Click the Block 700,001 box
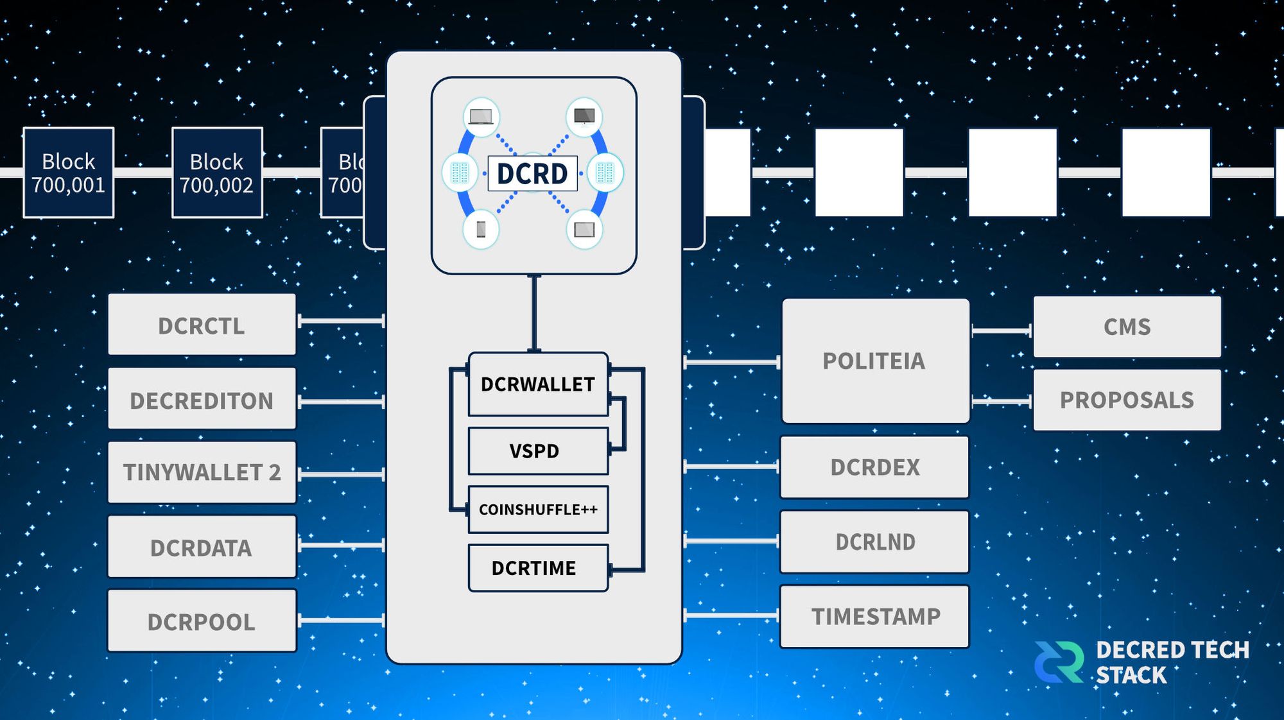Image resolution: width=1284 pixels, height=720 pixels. tap(69, 173)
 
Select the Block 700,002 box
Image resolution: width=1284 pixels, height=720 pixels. tap(217, 173)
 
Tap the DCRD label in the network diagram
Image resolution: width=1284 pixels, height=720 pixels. tap(532, 173)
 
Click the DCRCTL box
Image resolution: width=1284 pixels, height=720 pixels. tap(202, 325)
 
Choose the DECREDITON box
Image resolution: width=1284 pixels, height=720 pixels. tap(202, 399)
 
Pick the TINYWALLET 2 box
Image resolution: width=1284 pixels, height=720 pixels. tap(202, 472)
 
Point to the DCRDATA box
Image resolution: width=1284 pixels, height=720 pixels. tap(202, 547)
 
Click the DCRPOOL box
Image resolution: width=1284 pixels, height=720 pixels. tap(202, 621)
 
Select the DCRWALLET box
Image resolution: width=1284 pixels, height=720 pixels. tap(538, 384)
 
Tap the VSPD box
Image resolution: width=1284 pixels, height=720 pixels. tap(538, 451)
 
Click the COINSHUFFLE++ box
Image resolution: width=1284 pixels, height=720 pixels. tap(538, 510)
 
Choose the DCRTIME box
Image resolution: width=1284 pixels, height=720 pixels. tap(538, 568)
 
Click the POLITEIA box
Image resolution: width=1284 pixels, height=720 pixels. tap(875, 361)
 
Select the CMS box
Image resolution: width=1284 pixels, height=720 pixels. tap(1127, 327)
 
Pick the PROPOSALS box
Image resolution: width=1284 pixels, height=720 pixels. tap(1127, 400)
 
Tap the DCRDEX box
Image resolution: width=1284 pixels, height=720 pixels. tap(874, 467)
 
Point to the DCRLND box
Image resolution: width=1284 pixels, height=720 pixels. tap(874, 542)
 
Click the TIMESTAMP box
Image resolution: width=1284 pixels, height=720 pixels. tap(874, 616)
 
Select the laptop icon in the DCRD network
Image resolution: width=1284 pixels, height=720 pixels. tap(481, 117)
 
